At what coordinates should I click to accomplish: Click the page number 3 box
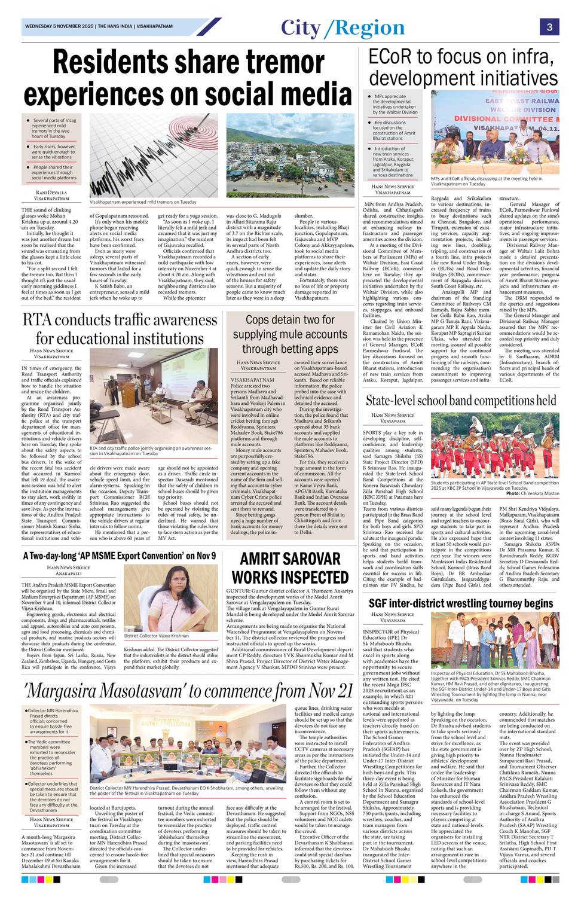coord(549,27)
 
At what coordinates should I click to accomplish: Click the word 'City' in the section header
coord(301,28)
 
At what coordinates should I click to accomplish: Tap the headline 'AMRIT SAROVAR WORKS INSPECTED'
coord(290,568)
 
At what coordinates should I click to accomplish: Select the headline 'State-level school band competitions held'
coord(460,400)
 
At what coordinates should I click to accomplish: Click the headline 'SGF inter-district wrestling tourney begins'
coord(460,603)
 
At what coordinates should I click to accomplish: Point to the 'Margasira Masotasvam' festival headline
coord(189,691)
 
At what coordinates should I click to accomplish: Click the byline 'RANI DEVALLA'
coord(51,193)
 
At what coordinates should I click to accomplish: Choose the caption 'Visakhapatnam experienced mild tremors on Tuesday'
coord(143,202)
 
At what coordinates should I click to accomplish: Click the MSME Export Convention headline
coord(120,556)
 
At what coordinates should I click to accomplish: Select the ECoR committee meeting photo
coord(495,132)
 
